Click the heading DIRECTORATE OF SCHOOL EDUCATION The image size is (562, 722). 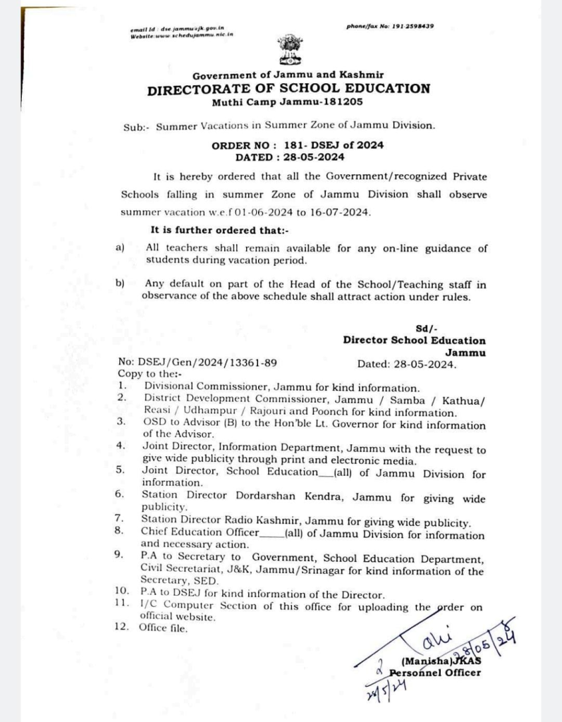click(288, 89)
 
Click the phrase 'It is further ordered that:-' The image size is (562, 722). click(220, 231)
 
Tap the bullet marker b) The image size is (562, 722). click(120, 283)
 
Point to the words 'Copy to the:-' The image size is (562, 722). click(149, 374)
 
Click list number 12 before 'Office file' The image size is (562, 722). click(121, 628)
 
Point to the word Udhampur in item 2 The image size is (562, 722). click(202, 412)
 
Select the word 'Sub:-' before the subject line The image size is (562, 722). click(134, 127)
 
